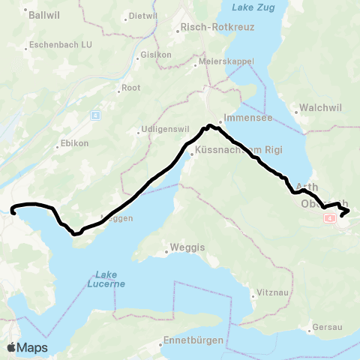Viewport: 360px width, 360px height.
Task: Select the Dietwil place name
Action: [143, 16]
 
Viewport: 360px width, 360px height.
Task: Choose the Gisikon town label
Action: [156, 55]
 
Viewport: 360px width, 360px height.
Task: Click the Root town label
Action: [131, 88]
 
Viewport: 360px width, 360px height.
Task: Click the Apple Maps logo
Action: [28, 347]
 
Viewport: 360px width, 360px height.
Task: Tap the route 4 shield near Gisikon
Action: [95, 115]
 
